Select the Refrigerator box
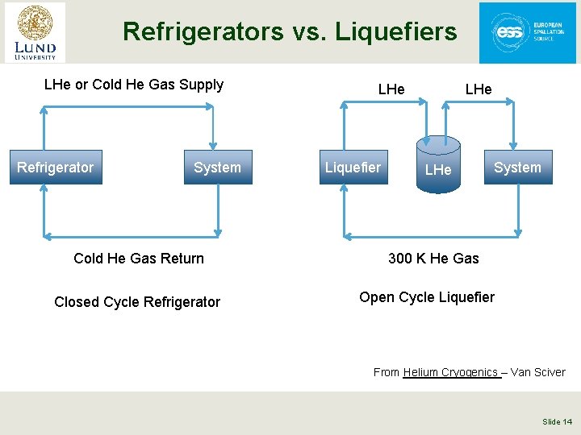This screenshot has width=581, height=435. coord(56,168)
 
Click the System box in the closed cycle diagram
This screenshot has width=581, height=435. coord(217,168)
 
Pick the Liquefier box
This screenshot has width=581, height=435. coord(352,168)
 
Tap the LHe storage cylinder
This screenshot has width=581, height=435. coord(438,164)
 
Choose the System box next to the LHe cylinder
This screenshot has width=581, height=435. coord(517,168)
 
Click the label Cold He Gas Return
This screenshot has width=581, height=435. coord(139,259)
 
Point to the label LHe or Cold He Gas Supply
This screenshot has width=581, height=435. coord(133,85)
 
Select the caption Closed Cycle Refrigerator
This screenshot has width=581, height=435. coord(137,302)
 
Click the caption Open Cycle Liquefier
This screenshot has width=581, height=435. coord(427,297)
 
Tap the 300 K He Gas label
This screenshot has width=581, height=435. coord(433,259)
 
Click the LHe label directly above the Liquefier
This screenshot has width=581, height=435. coord(391,89)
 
